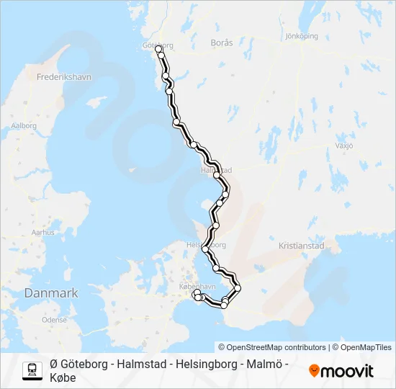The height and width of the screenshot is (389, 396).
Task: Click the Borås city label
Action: click(x=222, y=43)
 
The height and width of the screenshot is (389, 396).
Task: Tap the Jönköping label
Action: click(x=302, y=35)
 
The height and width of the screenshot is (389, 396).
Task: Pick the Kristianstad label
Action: click(x=302, y=246)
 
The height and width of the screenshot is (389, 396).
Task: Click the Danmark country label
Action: click(x=50, y=293)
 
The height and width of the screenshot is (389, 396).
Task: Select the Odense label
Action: click(x=54, y=319)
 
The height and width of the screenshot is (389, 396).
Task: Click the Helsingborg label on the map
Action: click(x=206, y=245)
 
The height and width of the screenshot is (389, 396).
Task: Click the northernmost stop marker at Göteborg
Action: click(x=158, y=50)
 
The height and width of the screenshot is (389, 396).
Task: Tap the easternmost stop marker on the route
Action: click(x=238, y=288)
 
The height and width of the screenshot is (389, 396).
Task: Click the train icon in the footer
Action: click(x=32, y=370)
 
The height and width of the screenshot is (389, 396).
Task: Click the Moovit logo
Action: click(x=341, y=371)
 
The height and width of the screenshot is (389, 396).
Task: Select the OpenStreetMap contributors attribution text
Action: click(x=272, y=347)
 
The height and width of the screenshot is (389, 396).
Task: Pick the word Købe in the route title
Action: click(x=63, y=377)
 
